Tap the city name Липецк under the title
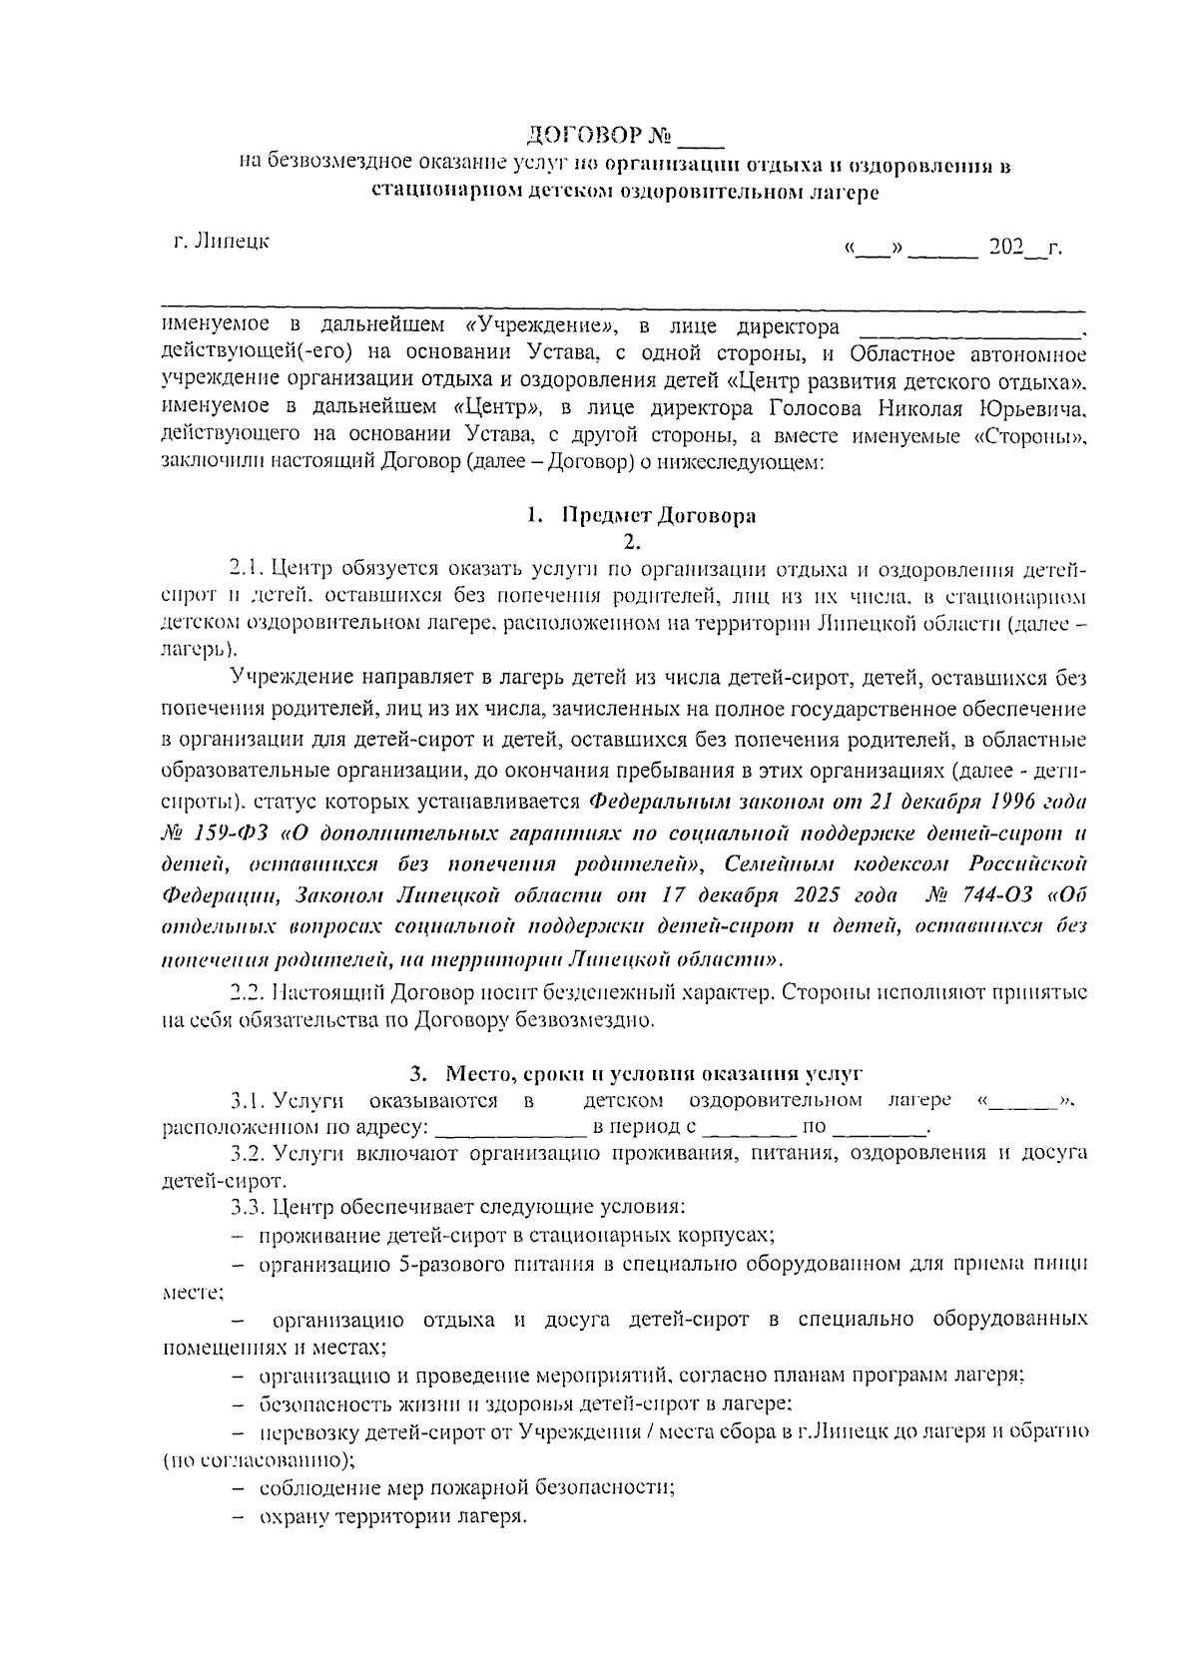pyautogui.click(x=232, y=241)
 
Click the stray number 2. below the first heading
pyautogui.click(x=629, y=542)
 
